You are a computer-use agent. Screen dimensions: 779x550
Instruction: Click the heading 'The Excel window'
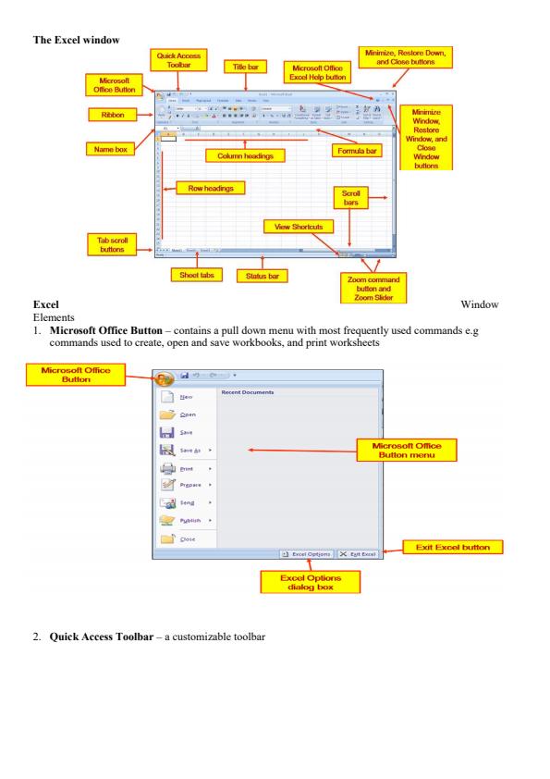pos(72,36)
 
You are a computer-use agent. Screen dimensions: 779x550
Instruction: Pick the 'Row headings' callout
pos(209,188)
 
